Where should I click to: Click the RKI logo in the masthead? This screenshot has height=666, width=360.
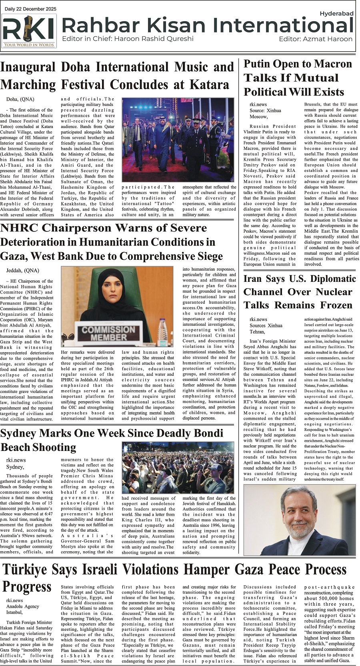point(29,31)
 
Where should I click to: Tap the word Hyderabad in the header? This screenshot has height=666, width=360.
point(336,13)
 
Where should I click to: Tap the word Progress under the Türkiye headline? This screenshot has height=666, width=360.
point(27,587)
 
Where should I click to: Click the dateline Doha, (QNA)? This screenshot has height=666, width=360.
point(20,99)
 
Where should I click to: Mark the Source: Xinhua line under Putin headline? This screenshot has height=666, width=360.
point(265,110)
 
